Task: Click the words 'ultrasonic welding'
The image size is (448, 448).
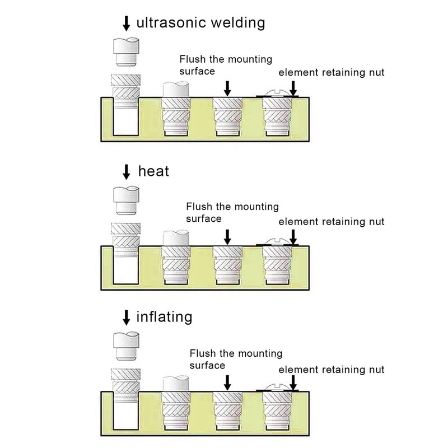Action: [x=200, y=23]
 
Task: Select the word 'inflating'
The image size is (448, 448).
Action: [x=165, y=318]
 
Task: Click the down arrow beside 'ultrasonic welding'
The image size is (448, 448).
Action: [x=126, y=23]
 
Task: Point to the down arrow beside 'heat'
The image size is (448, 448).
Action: [x=126, y=171]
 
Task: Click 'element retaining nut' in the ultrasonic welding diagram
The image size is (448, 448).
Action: [x=331, y=73]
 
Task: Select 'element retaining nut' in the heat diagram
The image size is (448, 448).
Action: [x=331, y=221]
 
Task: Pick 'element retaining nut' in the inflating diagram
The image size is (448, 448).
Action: [x=331, y=370]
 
